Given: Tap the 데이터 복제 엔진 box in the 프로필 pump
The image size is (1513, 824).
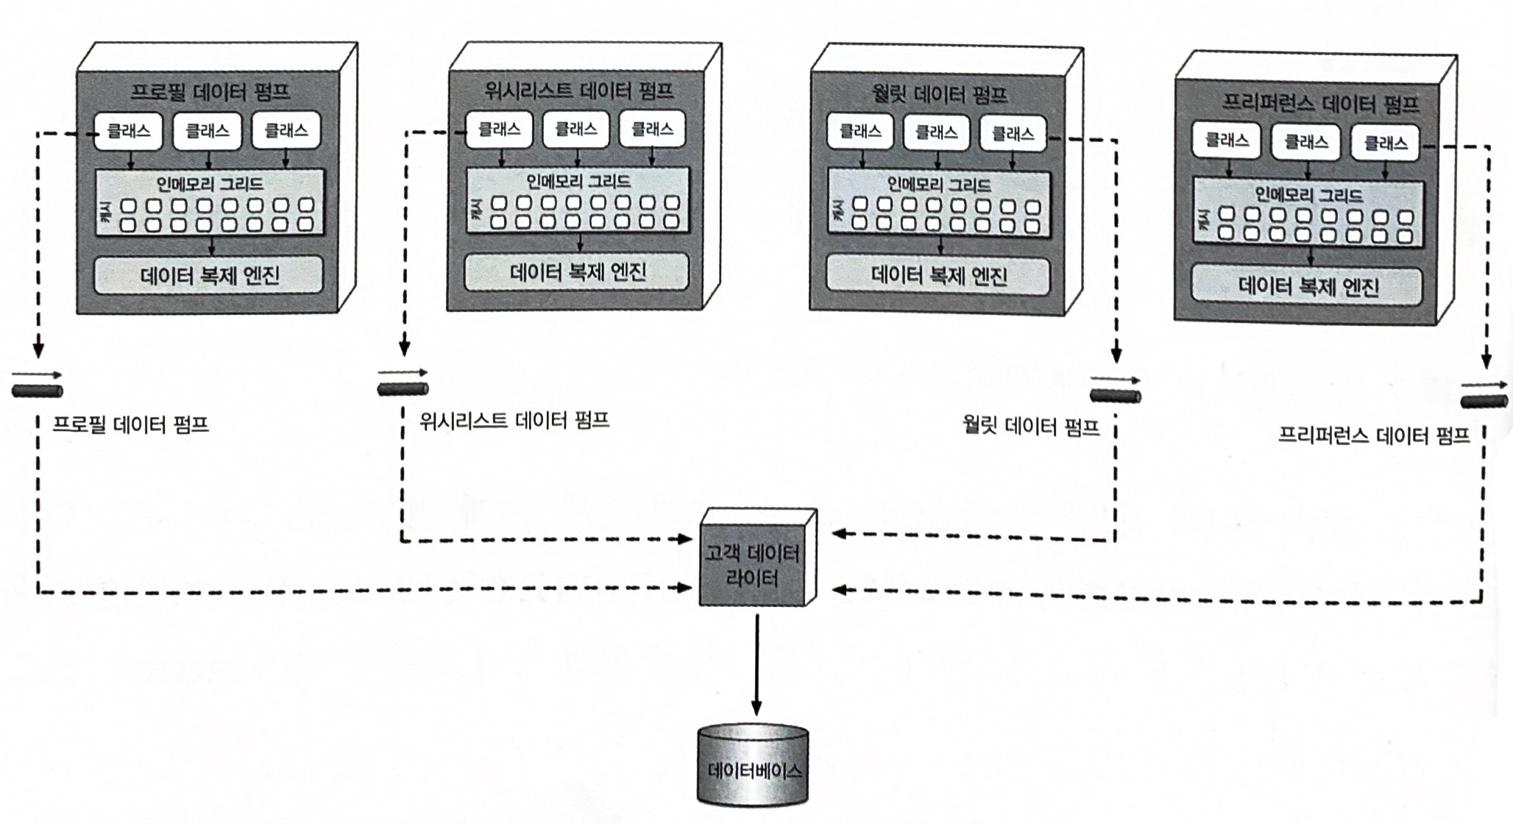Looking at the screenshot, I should click(x=209, y=276).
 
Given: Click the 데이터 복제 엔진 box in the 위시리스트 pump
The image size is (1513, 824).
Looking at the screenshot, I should click(x=577, y=273).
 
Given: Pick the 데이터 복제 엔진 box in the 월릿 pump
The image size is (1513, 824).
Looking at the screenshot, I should click(x=938, y=276).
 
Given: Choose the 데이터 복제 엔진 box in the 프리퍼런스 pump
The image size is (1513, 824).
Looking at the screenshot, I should click(x=1307, y=286).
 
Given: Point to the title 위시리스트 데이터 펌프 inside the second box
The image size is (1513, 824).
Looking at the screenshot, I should click(x=578, y=90).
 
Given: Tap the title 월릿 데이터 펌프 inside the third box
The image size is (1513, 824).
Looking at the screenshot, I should click(x=939, y=94).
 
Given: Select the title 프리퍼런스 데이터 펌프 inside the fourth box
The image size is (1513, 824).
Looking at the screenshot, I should click(x=1320, y=102).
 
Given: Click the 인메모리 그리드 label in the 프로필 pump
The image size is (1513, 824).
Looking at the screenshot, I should click(x=210, y=183).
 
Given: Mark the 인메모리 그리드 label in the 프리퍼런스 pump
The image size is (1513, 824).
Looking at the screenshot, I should click(x=1308, y=195).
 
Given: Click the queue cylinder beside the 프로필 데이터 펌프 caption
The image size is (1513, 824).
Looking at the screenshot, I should click(x=38, y=390).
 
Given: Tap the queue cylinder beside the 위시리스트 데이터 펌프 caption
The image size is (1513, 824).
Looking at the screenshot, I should click(x=403, y=388).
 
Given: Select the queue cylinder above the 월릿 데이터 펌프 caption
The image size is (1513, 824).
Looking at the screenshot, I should click(x=1115, y=396).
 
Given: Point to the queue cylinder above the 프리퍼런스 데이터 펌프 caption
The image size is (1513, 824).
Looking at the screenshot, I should click(x=1484, y=401).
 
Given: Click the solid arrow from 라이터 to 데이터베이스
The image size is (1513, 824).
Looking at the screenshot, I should click(x=756, y=662).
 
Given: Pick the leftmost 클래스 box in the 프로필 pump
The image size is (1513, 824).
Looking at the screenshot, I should click(x=128, y=131).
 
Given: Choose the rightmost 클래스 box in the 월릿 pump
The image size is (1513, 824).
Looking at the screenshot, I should click(x=1013, y=134).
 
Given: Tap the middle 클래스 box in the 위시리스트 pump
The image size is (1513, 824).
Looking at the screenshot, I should click(x=575, y=129).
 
